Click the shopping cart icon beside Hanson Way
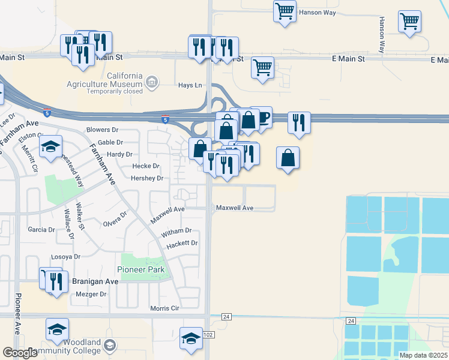(x=285, y=10)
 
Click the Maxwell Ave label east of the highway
(x=235, y=208)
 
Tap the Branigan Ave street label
(x=95, y=281)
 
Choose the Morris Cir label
(x=164, y=308)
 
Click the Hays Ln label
(x=190, y=86)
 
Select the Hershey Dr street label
(x=147, y=178)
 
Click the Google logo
(x=20, y=353)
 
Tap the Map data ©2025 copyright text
(x=423, y=355)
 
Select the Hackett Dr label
(x=182, y=243)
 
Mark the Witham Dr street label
(x=176, y=230)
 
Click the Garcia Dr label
(x=41, y=230)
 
